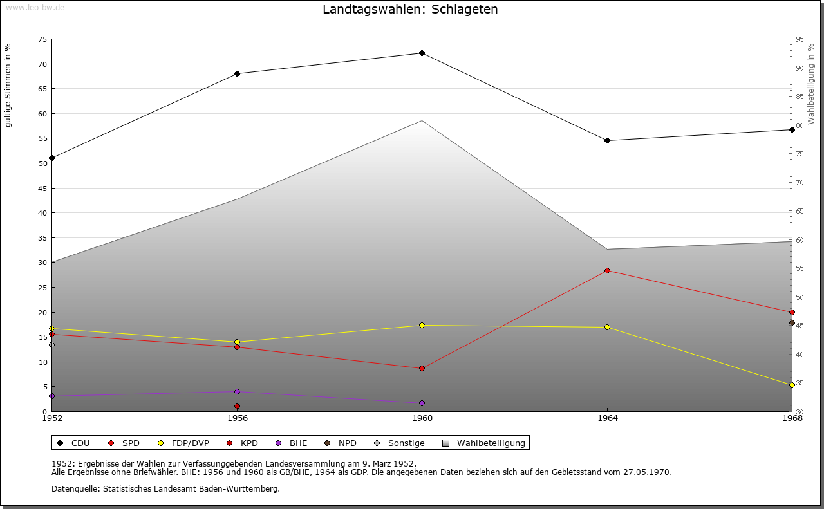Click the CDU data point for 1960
pyautogui.click(x=422, y=53)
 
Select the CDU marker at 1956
pyautogui.click(x=237, y=73)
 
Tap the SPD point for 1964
pyautogui.click(x=607, y=271)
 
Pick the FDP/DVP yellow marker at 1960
pyautogui.click(x=422, y=326)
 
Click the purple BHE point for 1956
pyautogui.click(x=237, y=391)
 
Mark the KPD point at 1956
pyautogui.click(x=237, y=406)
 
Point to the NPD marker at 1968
pyautogui.click(x=792, y=323)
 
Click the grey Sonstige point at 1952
pyautogui.click(x=52, y=344)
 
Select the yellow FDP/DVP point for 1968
pyautogui.click(x=792, y=385)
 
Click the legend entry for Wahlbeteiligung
pyautogui.click(x=485, y=443)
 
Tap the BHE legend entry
pyautogui.click(x=292, y=443)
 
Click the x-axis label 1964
pyautogui.click(x=607, y=418)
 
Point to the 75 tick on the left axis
pyautogui.click(x=42, y=39)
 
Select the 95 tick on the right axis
pyautogui.click(x=800, y=39)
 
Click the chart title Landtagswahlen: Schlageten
pyautogui.click(x=410, y=9)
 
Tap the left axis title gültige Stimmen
pyautogui.click(x=8, y=85)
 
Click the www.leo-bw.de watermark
pyautogui.click(x=34, y=6)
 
